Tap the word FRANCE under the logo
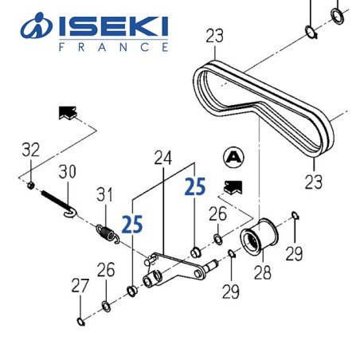click(115, 48)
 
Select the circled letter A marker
click(233, 155)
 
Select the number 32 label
click(30, 149)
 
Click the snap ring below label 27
click(81, 321)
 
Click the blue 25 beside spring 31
click(133, 224)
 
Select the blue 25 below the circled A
click(195, 188)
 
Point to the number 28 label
click(260, 275)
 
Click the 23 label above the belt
click(214, 35)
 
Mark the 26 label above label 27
click(105, 271)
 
